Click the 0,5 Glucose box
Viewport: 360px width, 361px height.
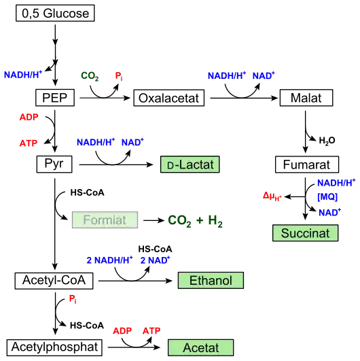click(x=55, y=13)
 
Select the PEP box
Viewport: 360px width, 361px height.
click(x=55, y=98)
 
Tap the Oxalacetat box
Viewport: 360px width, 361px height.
click(x=169, y=98)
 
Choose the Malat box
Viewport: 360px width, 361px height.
click(x=306, y=98)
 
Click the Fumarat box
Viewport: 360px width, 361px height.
click(x=307, y=165)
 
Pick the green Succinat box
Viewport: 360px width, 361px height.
click(x=305, y=233)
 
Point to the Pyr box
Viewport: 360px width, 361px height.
click(x=54, y=164)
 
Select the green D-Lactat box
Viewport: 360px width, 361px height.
click(x=190, y=165)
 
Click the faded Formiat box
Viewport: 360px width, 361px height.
click(x=105, y=220)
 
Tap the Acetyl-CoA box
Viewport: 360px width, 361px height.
click(x=54, y=281)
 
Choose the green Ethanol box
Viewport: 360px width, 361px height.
click(x=211, y=280)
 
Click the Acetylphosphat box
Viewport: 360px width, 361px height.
click(x=54, y=347)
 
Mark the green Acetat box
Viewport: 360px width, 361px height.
click(x=200, y=347)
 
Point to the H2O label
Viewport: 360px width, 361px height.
click(x=327, y=141)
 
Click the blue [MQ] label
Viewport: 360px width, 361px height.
click(x=327, y=197)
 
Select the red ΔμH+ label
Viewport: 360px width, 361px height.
click(x=272, y=196)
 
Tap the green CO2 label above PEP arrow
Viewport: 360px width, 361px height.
click(x=90, y=76)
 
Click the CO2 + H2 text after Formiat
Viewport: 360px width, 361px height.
click(x=195, y=221)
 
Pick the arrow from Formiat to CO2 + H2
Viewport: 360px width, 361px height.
click(x=154, y=220)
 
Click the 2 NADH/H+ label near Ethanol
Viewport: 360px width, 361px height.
click(x=109, y=260)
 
